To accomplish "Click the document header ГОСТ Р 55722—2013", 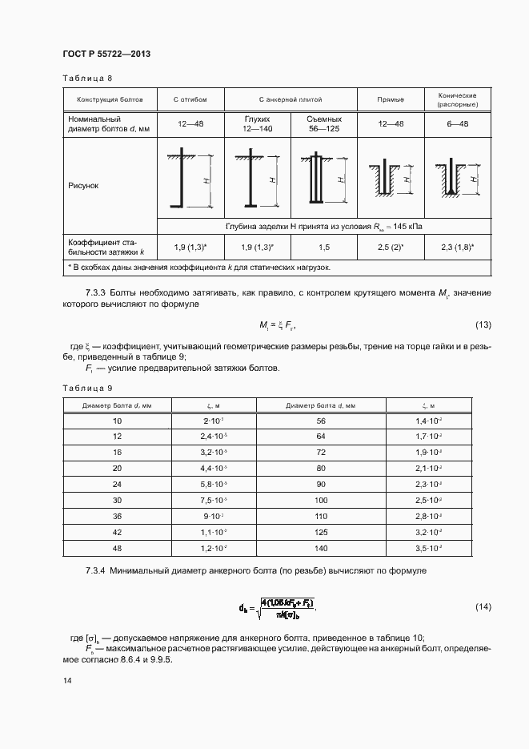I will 106,54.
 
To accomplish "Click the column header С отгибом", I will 190,100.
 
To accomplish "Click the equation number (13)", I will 483,324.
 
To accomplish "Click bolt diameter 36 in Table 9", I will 118,515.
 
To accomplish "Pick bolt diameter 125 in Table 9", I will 322,530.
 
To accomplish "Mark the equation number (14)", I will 483,606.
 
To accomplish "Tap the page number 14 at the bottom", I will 66,680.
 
